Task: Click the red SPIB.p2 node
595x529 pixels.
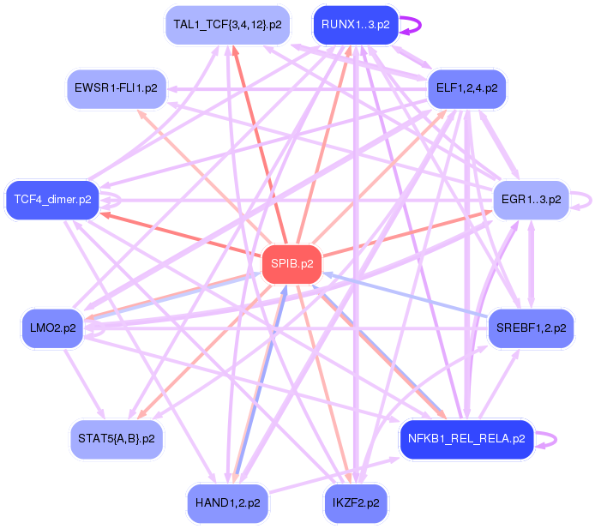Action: click(x=291, y=263)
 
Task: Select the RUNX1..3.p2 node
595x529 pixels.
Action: click(x=355, y=24)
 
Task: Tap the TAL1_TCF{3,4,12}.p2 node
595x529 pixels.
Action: click(x=226, y=24)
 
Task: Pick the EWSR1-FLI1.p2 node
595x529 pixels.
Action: click(x=116, y=87)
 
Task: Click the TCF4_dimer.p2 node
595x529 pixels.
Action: click(x=52, y=200)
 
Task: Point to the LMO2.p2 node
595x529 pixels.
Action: click(x=52, y=328)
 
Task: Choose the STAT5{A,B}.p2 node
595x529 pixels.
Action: click(x=116, y=438)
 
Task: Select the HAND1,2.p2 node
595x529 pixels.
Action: click(x=227, y=502)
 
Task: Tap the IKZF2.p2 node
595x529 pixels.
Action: click(x=355, y=502)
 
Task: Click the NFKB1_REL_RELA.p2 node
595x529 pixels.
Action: click(x=466, y=439)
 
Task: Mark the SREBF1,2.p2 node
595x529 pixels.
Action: click(x=530, y=328)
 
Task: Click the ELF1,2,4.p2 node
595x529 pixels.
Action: click(x=466, y=87)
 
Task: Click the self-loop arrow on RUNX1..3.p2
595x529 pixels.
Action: click(x=419, y=24)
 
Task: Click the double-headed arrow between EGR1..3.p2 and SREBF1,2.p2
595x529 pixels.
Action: click(x=531, y=263)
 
